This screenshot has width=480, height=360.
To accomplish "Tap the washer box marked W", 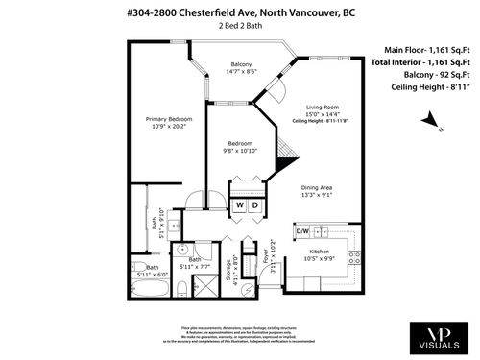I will pyautogui.click(x=240, y=205).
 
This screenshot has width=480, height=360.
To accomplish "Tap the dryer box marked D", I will pyautogui.click(x=256, y=205).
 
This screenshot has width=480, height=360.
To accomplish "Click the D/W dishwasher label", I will pyautogui.click(x=301, y=231).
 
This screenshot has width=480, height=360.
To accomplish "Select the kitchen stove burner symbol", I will pyautogui.click(x=353, y=256).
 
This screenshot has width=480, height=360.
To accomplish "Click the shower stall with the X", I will pyautogui.click(x=204, y=285).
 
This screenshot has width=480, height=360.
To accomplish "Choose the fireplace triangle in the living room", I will pyautogui.click(x=285, y=151).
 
